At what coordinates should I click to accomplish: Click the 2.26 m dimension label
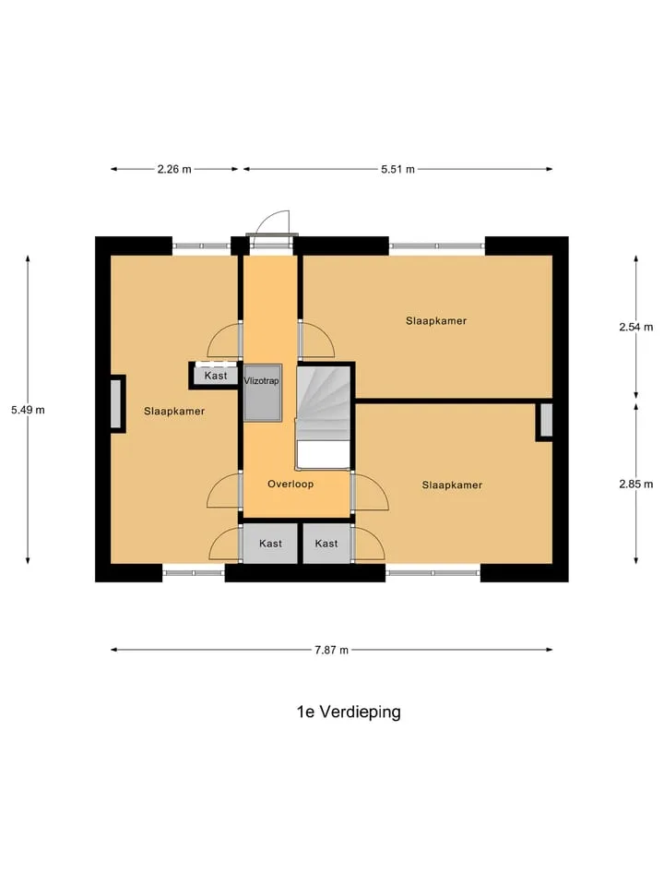(x=174, y=169)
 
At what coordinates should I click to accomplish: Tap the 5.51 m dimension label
(x=397, y=169)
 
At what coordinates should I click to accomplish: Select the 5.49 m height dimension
(x=28, y=410)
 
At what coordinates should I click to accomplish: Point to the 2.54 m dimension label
(x=635, y=327)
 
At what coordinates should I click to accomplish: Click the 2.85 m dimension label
(x=635, y=485)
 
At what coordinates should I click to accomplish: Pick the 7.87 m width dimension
(x=331, y=650)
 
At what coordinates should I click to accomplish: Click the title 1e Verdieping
(x=349, y=712)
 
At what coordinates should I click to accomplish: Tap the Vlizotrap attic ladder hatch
(x=263, y=393)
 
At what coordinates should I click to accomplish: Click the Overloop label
(x=290, y=484)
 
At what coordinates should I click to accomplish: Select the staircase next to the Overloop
(x=324, y=417)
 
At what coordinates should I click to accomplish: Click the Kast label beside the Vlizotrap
(x=216, y=376)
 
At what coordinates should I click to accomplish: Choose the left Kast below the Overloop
(x=270, y=544)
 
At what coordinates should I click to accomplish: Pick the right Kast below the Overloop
(x=326, y=544)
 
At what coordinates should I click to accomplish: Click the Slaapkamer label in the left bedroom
(x=174, y=412)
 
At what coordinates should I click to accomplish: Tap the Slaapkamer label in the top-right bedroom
(x=436, y=321)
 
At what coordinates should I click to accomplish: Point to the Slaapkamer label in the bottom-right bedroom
(x=452, y=485)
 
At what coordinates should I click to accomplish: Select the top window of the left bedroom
(x=201, y=245)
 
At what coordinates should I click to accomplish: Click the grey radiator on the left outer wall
(x=116, y=404)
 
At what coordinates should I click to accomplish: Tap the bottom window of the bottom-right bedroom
(x=433, y=573)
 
